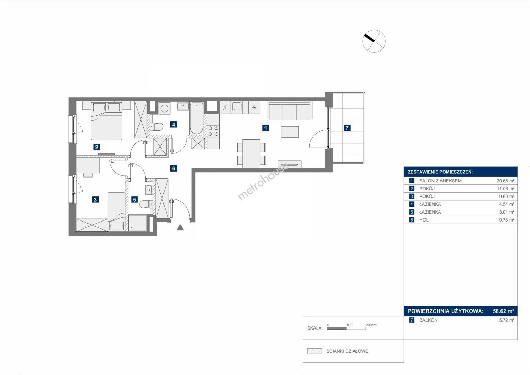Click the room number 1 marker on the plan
(x=266, y=128)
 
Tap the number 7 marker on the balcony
(x=347, y=128)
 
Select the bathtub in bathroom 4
(x=196, y=118)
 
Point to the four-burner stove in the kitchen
(x=213, y=131)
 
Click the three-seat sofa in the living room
(x=289, y=111)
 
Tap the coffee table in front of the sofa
(x=290, y=132)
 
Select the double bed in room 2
(x=107, y=121)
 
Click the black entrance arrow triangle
(x=180, y=227)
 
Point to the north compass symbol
(x=374, y=41)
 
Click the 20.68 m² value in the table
(x=505, y=181)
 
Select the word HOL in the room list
(x=424, y=220)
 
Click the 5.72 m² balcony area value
(x=507, y=320)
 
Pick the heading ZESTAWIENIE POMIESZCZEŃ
(x=440, y=172)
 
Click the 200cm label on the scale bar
(x=371, y=325)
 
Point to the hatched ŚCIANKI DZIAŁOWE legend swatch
(x=314, y=351)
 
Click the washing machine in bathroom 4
(x=164, y=108)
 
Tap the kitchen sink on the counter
(x=236, y=108)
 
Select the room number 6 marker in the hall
(x=174, y=168)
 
